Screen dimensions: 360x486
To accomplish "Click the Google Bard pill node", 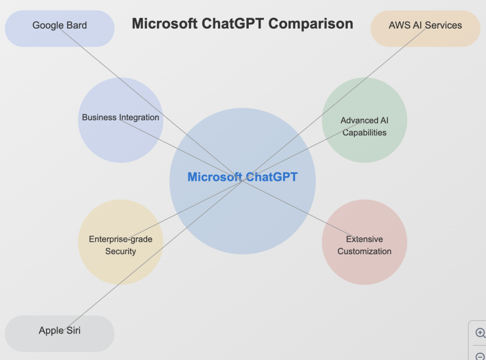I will click(60, 28).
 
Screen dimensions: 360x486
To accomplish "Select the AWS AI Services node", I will click(425, 28).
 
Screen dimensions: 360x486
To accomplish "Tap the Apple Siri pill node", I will click(60, 333).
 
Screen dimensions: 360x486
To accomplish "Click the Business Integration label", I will click(121, 117).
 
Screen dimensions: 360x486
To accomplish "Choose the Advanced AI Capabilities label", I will click(364, 126).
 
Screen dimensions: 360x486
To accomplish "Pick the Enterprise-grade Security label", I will click(121, 245).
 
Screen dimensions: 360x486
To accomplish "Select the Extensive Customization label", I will click(364, 245).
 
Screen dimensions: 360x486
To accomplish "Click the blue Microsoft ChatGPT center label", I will click(243, 177).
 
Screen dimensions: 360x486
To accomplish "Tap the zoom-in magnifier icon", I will click(480, 333).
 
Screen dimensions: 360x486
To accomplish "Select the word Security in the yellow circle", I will click(121, 251).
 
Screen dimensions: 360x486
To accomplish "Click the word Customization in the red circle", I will click(364, 251).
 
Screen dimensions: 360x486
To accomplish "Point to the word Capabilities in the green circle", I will click(364, 133).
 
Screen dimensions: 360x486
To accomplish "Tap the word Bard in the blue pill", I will click(76, 25).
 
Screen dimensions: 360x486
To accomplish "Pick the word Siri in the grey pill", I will click(73, 331).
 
